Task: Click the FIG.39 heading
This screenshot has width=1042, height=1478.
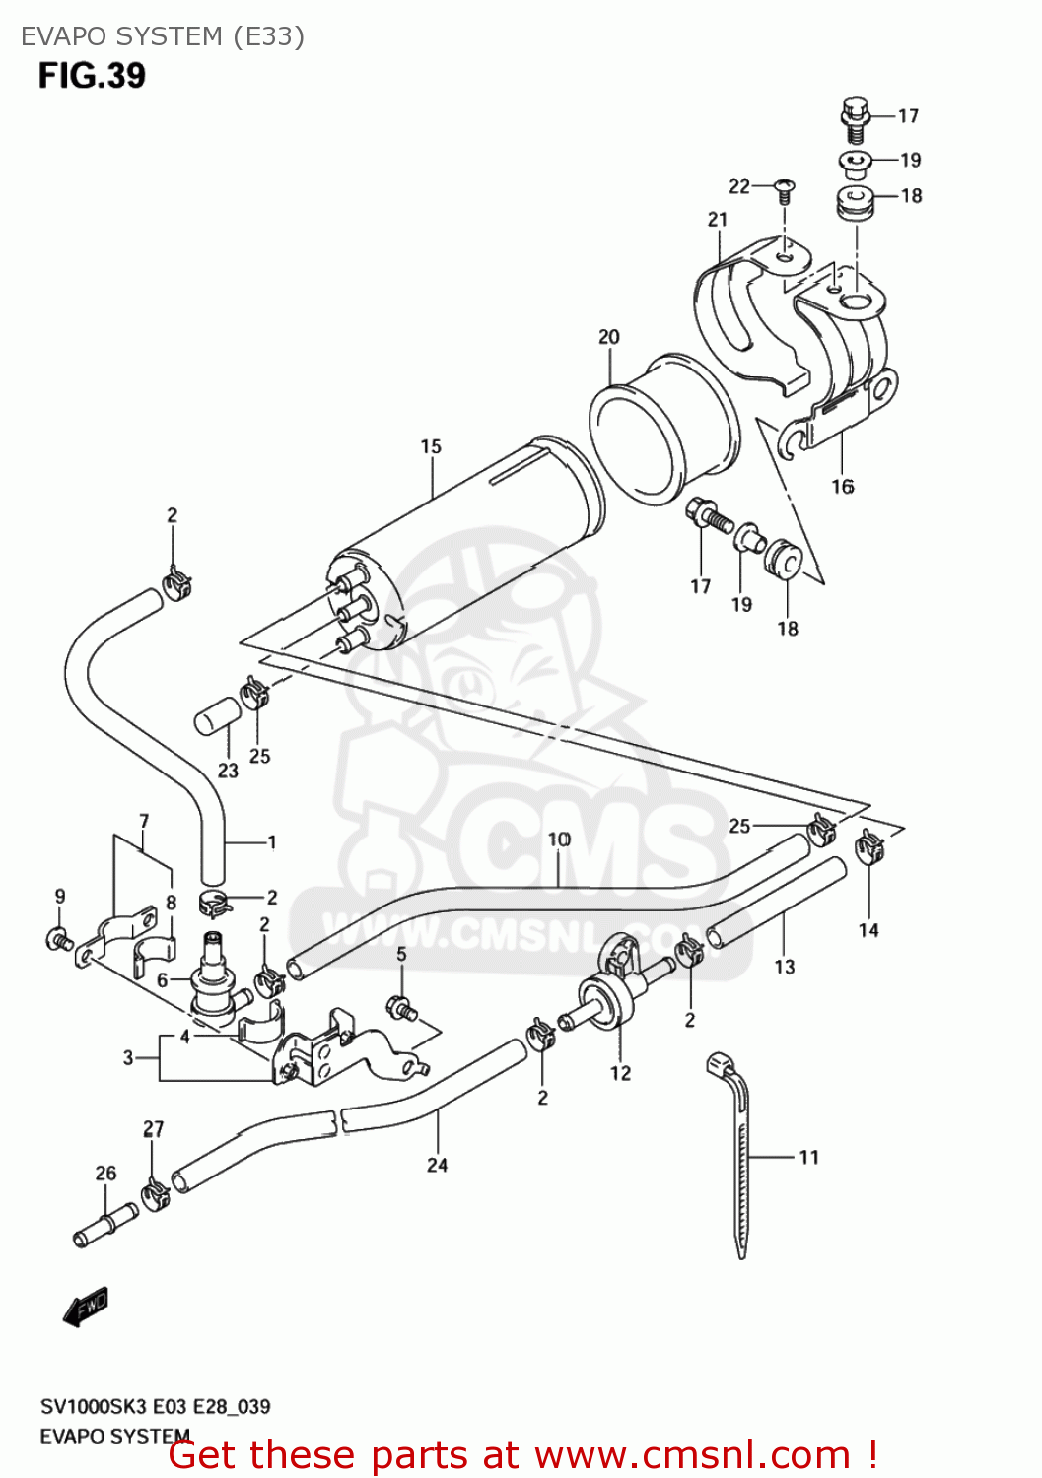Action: (x=92, y=76)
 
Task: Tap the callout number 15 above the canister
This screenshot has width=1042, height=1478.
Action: (x=431, y=446)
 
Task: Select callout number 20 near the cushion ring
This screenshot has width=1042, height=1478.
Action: (x=609, y=337)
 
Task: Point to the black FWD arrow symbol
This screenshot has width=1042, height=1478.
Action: (x=85, y=1306)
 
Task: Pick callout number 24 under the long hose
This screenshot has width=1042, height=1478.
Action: (x=437, y=1165)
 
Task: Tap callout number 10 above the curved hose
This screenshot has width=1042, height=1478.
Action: (x=559, y=840)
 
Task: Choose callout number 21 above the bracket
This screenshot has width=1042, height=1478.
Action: (x=718, y=219)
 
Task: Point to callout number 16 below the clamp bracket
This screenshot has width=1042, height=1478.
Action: (x=842, y=486)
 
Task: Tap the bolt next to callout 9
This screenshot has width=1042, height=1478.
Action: (x=59, y=938)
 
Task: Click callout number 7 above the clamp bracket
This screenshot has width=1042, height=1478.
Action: (x=144, y=821)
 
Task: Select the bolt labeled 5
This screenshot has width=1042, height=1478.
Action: (x=402, y=1008)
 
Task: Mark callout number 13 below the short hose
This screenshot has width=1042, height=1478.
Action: (x=785, y=967)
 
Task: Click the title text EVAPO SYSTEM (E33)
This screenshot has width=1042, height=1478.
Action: (x=163, y=36)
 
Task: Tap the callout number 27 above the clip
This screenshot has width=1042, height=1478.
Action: (x=154, y=1129)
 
